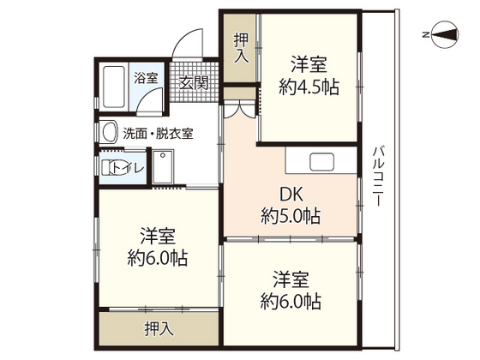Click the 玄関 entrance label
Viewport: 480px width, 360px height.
(x=195, y=83)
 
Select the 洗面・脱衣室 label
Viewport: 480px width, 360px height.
(x=157, y=134)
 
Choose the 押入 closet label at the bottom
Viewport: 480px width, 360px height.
(x=157, y=328)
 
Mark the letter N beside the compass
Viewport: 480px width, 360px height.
(x=426, y=35)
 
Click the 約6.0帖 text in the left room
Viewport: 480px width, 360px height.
(x=158, y=256)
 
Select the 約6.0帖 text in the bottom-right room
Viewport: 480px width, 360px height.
(x=291, y=301)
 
